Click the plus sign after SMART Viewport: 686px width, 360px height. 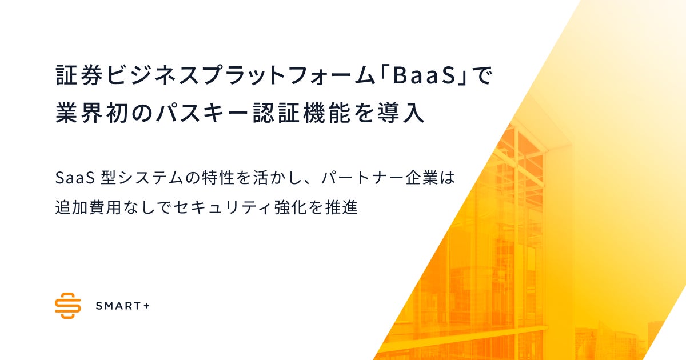click(x=146, y=306)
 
